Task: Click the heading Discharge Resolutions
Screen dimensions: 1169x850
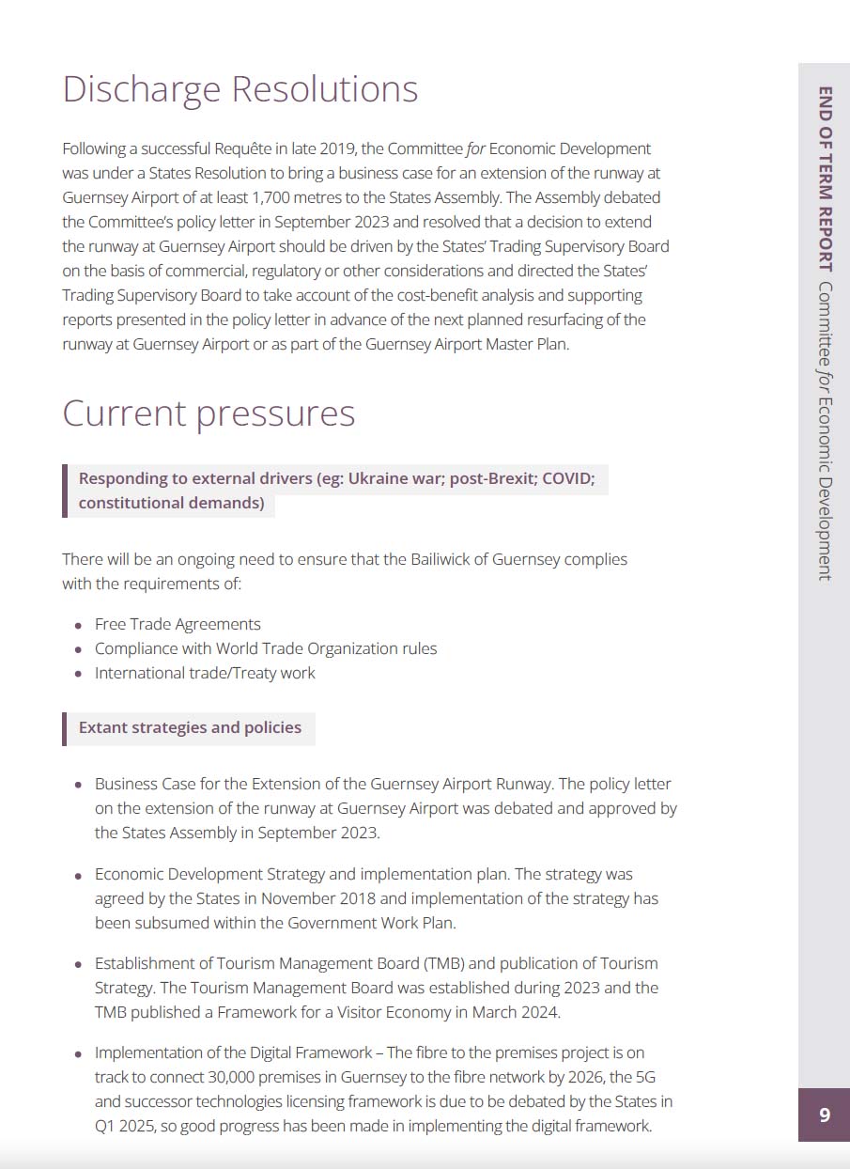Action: click(240, 89)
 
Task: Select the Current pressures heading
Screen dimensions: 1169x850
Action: click(209, 413)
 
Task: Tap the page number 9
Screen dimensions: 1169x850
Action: click(825, 1114)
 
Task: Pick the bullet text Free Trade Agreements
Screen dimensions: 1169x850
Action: click(178, 624)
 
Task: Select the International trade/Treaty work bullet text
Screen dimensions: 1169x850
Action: click(205, 673)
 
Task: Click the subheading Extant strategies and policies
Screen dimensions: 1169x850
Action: click(190, 727)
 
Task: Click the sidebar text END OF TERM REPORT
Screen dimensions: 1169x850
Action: click(826, 179)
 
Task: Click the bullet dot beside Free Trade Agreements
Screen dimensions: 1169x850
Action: click(78, 625)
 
